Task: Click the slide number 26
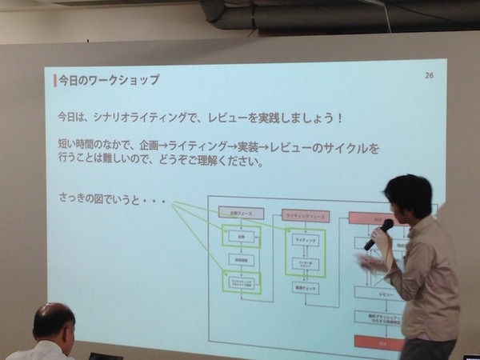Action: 429,76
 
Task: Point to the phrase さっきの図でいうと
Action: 99,198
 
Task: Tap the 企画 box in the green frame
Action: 241,238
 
